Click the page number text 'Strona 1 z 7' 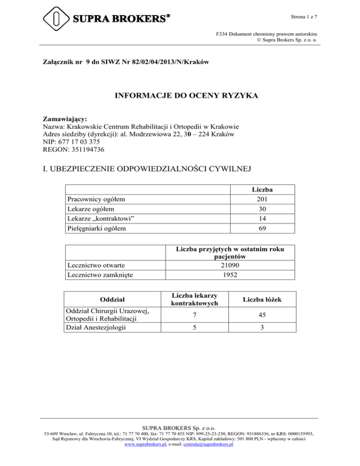[x=305, y=17]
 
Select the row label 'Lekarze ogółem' [x=89, y=209]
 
